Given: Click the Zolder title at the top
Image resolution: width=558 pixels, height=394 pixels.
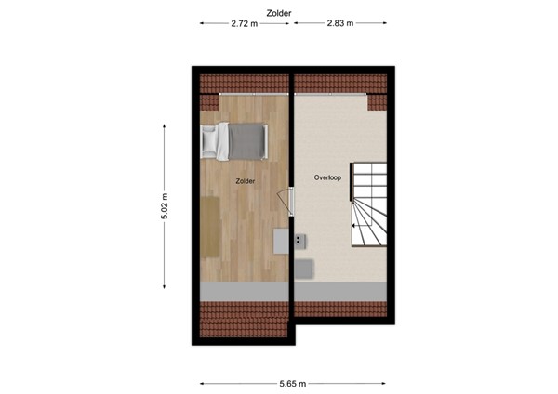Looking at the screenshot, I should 278,13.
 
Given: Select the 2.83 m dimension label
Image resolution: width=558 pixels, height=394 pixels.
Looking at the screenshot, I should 339,24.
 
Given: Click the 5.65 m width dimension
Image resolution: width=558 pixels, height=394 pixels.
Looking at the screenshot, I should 293,383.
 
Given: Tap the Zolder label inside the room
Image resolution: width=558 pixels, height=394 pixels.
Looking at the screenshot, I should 246,181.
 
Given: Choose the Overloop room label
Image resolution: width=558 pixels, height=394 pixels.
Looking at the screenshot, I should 326,177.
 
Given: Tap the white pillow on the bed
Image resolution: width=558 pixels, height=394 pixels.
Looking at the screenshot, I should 212,140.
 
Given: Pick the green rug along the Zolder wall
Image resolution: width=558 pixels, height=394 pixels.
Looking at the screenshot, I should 210,227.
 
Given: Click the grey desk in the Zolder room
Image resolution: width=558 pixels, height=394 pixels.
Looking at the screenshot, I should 281,240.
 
